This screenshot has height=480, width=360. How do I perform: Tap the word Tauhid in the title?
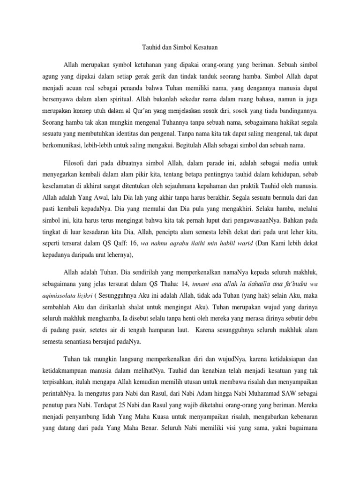150,47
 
